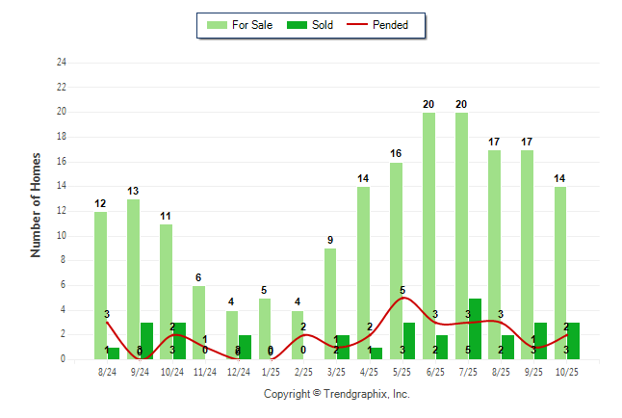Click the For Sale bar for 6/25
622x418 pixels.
[x=428, y=236]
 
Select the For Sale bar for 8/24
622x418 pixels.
[x=100, y=285]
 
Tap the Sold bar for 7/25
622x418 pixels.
[x=475, y=328]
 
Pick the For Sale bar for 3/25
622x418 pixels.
[x=330, y=303]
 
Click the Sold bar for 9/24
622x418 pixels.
[x=146, y=341]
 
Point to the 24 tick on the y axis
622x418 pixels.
[x=62, y=63]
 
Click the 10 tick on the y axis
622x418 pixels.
[x=62, y=236]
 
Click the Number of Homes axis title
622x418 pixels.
[x=37, y=204]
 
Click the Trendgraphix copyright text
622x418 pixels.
[x=337, y=394]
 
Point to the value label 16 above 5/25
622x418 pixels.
[x=396, y=153]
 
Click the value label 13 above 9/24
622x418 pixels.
[x=133, y=191]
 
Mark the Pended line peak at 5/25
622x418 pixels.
[x=402, y=298]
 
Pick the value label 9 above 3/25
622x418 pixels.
[x=330, y=240]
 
